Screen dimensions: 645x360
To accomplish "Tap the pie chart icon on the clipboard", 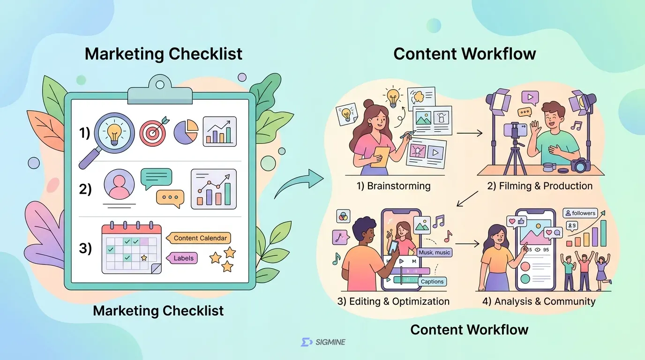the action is [x=186, y=132].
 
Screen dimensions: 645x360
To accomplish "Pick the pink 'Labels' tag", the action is [x=182, y=258].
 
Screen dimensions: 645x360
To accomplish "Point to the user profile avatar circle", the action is [x=119, y=184].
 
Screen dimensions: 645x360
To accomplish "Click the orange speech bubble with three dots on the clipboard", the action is [x=170, y=198].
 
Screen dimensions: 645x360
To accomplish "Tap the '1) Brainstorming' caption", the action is [x=394, y=186].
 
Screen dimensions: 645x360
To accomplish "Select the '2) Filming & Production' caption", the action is [x=540, y=186].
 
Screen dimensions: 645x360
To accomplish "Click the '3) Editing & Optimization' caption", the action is [x=393, y=301].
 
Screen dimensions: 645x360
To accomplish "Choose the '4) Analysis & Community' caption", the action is [x=539, y=301].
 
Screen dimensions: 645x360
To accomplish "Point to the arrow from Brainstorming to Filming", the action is [x=470, y=133].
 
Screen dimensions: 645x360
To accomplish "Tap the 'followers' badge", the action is [x=580, y=213].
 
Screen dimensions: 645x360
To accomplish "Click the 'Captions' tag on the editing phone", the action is [x=432, y=281].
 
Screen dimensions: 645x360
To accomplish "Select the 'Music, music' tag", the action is [x=434, y=253].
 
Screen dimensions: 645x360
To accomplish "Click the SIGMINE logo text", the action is [x=330, y=342].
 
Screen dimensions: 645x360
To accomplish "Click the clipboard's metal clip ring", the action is [x=160, y=85].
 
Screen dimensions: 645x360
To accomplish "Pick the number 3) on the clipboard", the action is [x=85, y=248].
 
